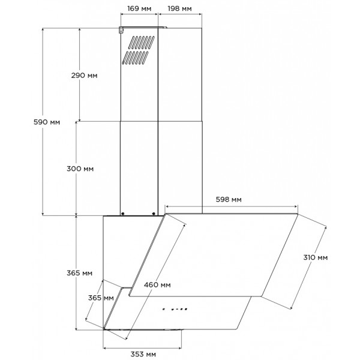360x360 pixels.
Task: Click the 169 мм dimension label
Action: pos(139,9)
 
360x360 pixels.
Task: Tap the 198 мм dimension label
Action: pos(179,9)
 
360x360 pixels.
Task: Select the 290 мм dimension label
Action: pos(84,76)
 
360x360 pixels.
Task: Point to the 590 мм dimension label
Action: pos(47,122)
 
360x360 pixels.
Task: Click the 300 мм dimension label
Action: pos(80,169)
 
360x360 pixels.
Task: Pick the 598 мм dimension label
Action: pos(229,200)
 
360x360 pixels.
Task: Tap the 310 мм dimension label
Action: pos(315,257)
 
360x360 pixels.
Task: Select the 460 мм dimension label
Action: pos(157,285)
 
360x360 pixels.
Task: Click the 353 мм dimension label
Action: pos(143,354)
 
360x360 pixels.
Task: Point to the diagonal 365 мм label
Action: pos(101,298)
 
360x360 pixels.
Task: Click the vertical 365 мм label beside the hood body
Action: pos(79,273)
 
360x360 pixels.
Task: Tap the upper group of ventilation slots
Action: pos(141,43)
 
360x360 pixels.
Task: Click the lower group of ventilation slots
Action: pos(135,58)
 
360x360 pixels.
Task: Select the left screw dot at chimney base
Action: pos(123,214)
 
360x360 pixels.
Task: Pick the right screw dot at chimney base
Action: pos(154,214)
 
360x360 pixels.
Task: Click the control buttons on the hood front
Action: pos(175,309)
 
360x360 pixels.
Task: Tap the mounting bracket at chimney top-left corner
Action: pos(121,30)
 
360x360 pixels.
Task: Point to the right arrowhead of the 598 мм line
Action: pos(296,206)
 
